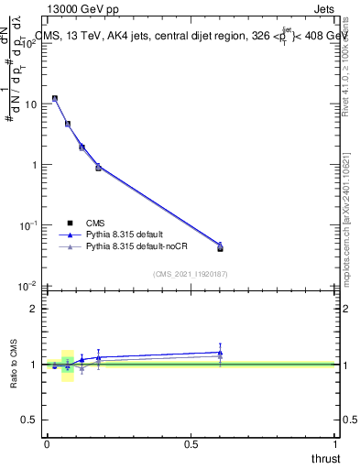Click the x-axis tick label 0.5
tap(191, 443)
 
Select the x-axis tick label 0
tap(47, 443)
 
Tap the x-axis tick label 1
tap(335, 443)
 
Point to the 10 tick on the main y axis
tap(32, 104)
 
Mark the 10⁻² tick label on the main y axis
tap(29, 285)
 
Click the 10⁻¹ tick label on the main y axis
tap(29, 224)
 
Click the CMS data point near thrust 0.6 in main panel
tap(220, 248)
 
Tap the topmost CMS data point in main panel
tap(55, 98)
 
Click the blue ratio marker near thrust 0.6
tap(220, 352)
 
